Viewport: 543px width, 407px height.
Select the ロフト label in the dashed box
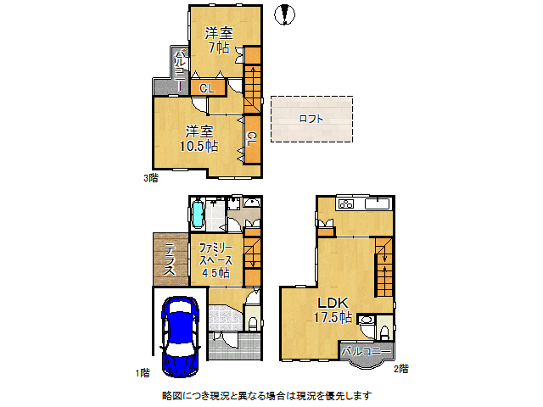pyautogui.click(x=311, y=119)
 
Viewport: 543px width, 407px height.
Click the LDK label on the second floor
pyautogui.click(x=333, y=303)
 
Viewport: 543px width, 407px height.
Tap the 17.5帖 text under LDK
pyautogui.click(x=333, y=317)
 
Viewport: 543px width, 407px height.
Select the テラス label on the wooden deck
pyautogui.click(x=170, y=260)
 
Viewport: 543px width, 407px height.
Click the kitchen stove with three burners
pyautogui.click(x=345, y=204)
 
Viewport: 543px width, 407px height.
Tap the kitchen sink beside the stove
pyautogui.click(x=376, y=204)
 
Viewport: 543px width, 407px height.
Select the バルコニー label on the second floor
pyautogui.click(x=367, y=350)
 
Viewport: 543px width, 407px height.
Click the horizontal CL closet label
pyautogui.click(x=207, y=86)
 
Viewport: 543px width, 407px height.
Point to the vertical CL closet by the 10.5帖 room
pyautogui.click(x=252, y=137)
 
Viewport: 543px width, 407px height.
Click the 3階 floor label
pyautogui.click(x=150, y=179)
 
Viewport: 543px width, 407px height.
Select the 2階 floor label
pyautogui.click(x=400, y=368)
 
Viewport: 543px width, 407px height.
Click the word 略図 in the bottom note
pyautogui.click(x=171, y=396)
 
